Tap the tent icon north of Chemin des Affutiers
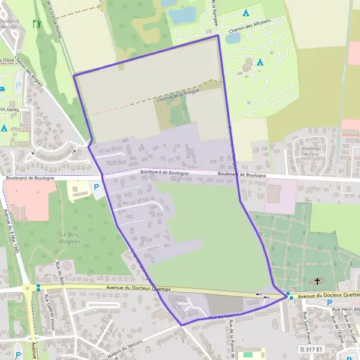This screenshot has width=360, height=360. [245, 13]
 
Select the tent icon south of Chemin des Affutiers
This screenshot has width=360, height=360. [260, 62]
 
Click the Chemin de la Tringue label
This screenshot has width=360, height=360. [178, 96]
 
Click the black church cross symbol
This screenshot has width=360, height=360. [317, 281]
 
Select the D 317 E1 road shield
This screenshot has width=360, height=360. [311, 349]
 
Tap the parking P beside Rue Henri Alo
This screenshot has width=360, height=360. [329, 302]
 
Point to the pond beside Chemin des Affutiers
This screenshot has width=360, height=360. [233, 38]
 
